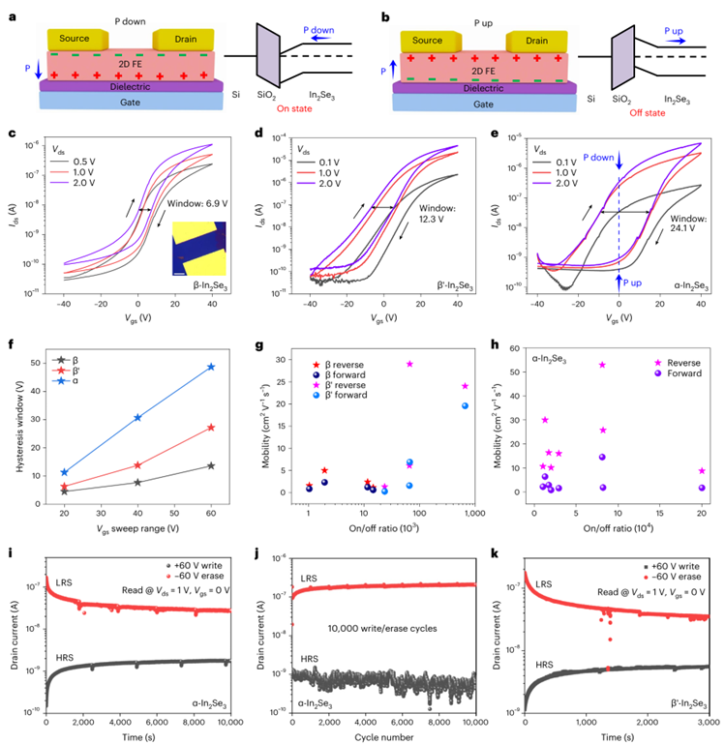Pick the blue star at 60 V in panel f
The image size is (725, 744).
[x=211, y=367]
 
